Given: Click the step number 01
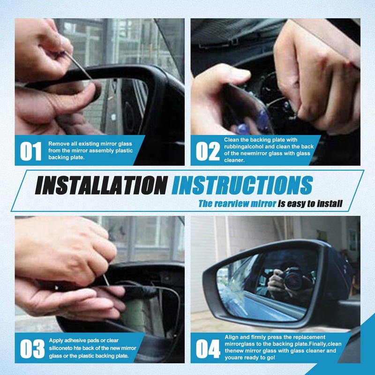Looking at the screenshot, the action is click(x=30, y=151).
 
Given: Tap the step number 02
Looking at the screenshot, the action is click(x=208, y=151).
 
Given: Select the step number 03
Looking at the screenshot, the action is click(x=32, y=349).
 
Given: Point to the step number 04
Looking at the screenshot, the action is click(x=208, y=349).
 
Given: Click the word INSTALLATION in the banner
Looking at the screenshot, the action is click(x=101, y=185).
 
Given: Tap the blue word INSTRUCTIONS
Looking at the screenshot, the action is click(x=242, y=185).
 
